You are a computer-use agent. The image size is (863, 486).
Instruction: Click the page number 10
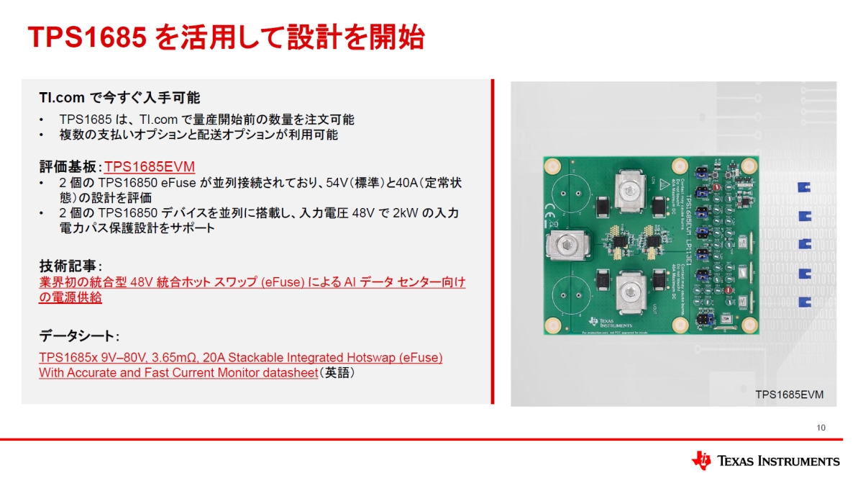point(821,428)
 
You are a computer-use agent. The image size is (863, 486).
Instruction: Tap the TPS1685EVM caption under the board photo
point(789,395)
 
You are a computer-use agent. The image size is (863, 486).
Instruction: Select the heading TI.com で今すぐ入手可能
point(119,97)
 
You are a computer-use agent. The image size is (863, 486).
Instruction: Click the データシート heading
point(78,336)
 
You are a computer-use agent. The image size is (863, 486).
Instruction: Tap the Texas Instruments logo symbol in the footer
point(701,461)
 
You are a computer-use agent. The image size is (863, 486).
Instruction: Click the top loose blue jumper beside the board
point(804,189)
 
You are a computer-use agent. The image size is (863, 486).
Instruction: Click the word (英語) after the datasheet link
point(337,373)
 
